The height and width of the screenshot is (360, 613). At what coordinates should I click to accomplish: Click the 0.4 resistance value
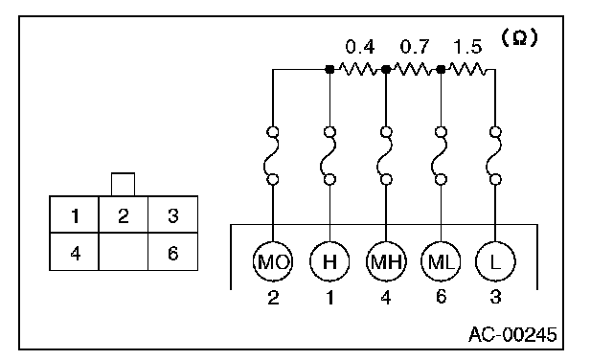point(360,47)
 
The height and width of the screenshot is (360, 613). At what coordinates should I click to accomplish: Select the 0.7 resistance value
point(415,47)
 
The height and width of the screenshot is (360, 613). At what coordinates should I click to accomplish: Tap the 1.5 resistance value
point(467,47)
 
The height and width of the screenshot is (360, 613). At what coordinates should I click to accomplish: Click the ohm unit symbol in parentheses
point(519,38)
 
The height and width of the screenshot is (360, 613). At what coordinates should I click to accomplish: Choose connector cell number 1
point(75,214)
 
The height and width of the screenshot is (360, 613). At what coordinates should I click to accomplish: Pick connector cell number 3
point(172,214)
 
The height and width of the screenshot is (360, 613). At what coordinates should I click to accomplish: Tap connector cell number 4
point(75,252)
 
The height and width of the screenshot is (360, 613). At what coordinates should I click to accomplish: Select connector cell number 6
point(172,252)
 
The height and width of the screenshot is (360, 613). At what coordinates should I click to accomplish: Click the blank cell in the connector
point(124,252)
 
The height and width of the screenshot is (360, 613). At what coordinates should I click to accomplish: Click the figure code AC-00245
point(512,334)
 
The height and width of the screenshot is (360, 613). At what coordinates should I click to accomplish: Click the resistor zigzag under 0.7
point(413,70)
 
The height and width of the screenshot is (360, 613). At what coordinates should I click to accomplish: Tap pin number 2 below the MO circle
point(273,298)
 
